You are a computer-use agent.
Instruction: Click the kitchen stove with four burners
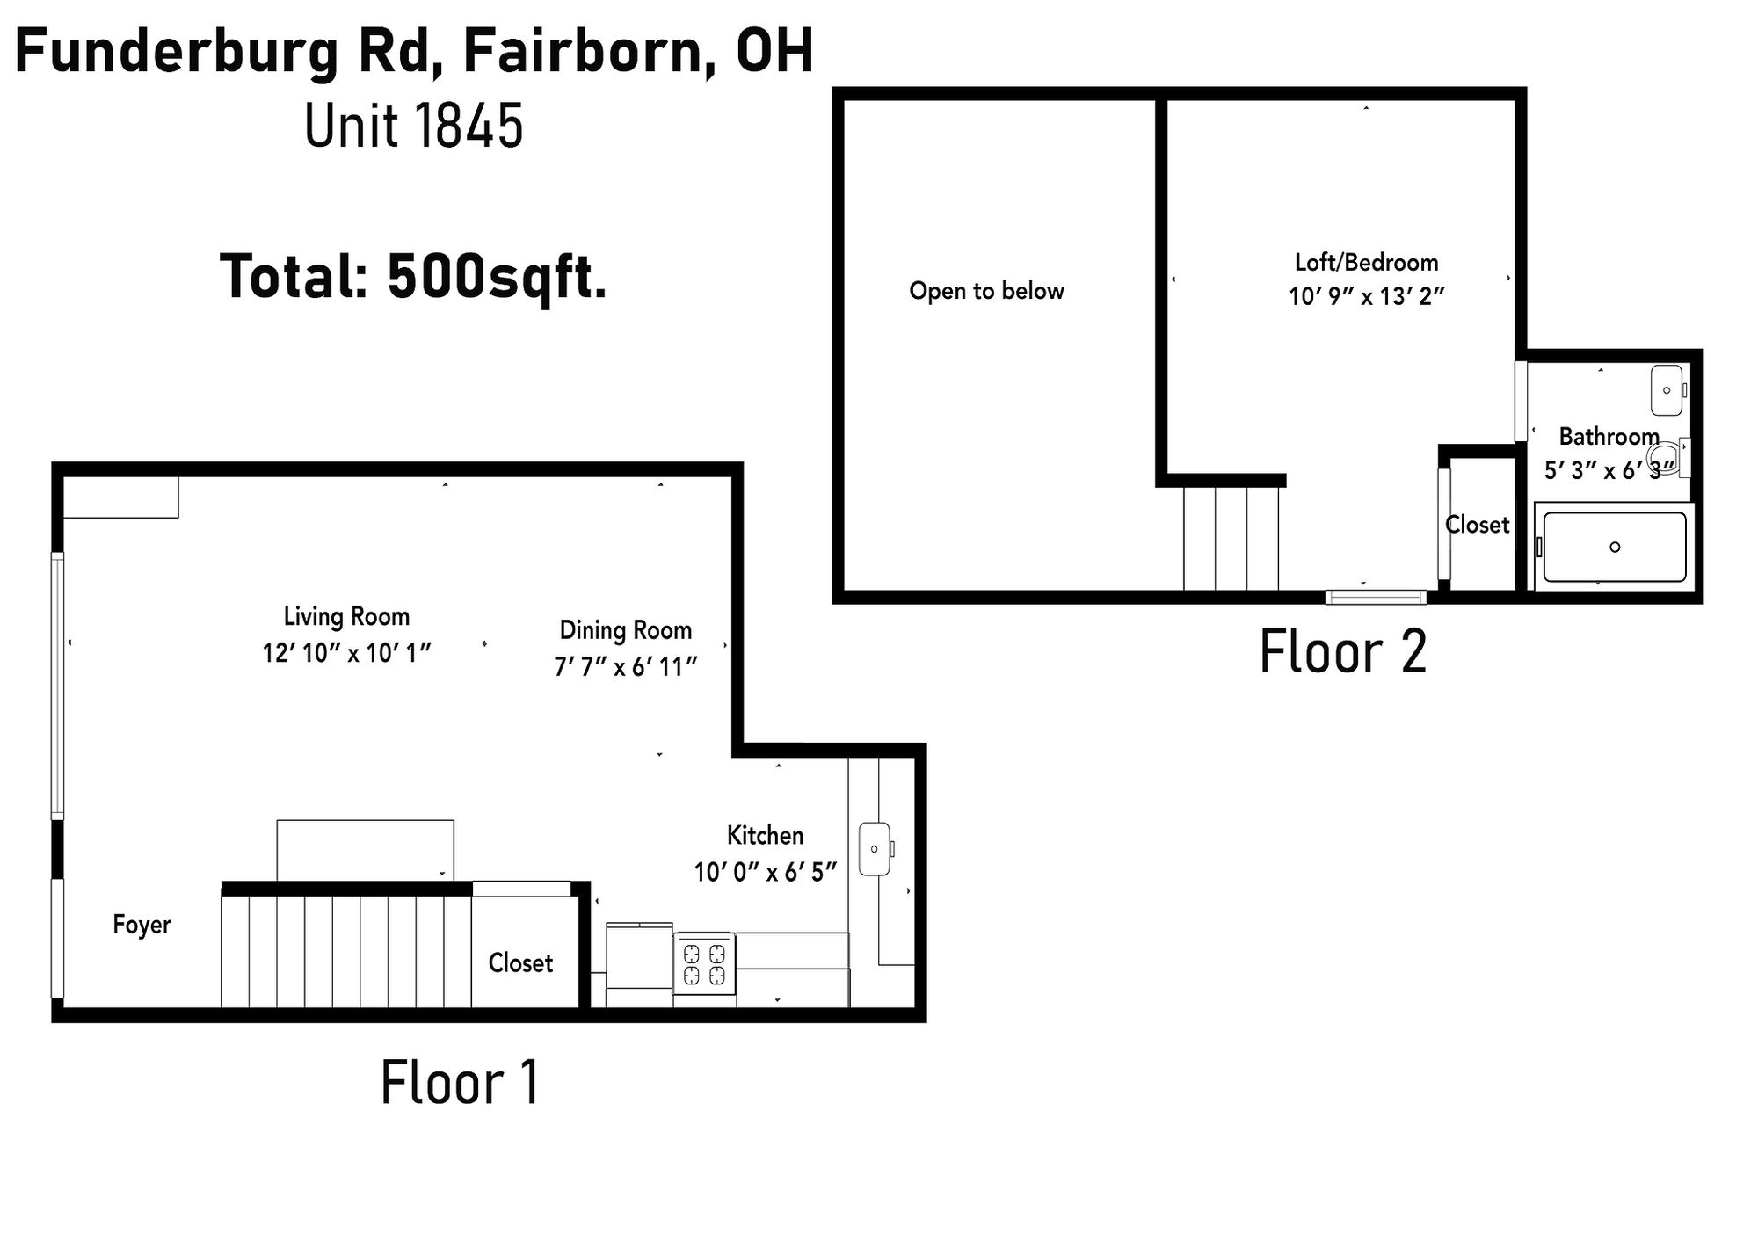[x=704, y=963]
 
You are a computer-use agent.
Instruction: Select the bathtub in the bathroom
[x=1615, y=547]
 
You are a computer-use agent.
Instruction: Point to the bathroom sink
[x=1668, y=390]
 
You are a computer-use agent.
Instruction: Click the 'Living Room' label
[x=346, y=617]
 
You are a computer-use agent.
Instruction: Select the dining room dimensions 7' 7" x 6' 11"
[x=625, y=667]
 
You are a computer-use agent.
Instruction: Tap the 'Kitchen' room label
[x=765, y=835]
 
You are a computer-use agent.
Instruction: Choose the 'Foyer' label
[x=142, y=925]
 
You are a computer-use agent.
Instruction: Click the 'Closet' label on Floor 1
[x=520, y=963]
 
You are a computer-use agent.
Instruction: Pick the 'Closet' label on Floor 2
[x=1478, y=525]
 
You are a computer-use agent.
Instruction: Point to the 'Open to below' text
[x=986, y=291]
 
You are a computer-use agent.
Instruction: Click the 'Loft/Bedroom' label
[x=1367, y=262]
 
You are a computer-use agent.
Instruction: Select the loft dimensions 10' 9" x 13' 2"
[x=1367, y=297]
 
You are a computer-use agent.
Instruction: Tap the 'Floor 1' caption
[x=460, y=1082]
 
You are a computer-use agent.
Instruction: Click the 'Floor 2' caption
[x=1343, y=651]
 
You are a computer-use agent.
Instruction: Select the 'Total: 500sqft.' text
[x=413, y=276]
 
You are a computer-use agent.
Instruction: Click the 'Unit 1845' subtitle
[x=414, y=125]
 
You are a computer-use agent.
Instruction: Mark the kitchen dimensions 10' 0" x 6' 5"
[x=765, y=872]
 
